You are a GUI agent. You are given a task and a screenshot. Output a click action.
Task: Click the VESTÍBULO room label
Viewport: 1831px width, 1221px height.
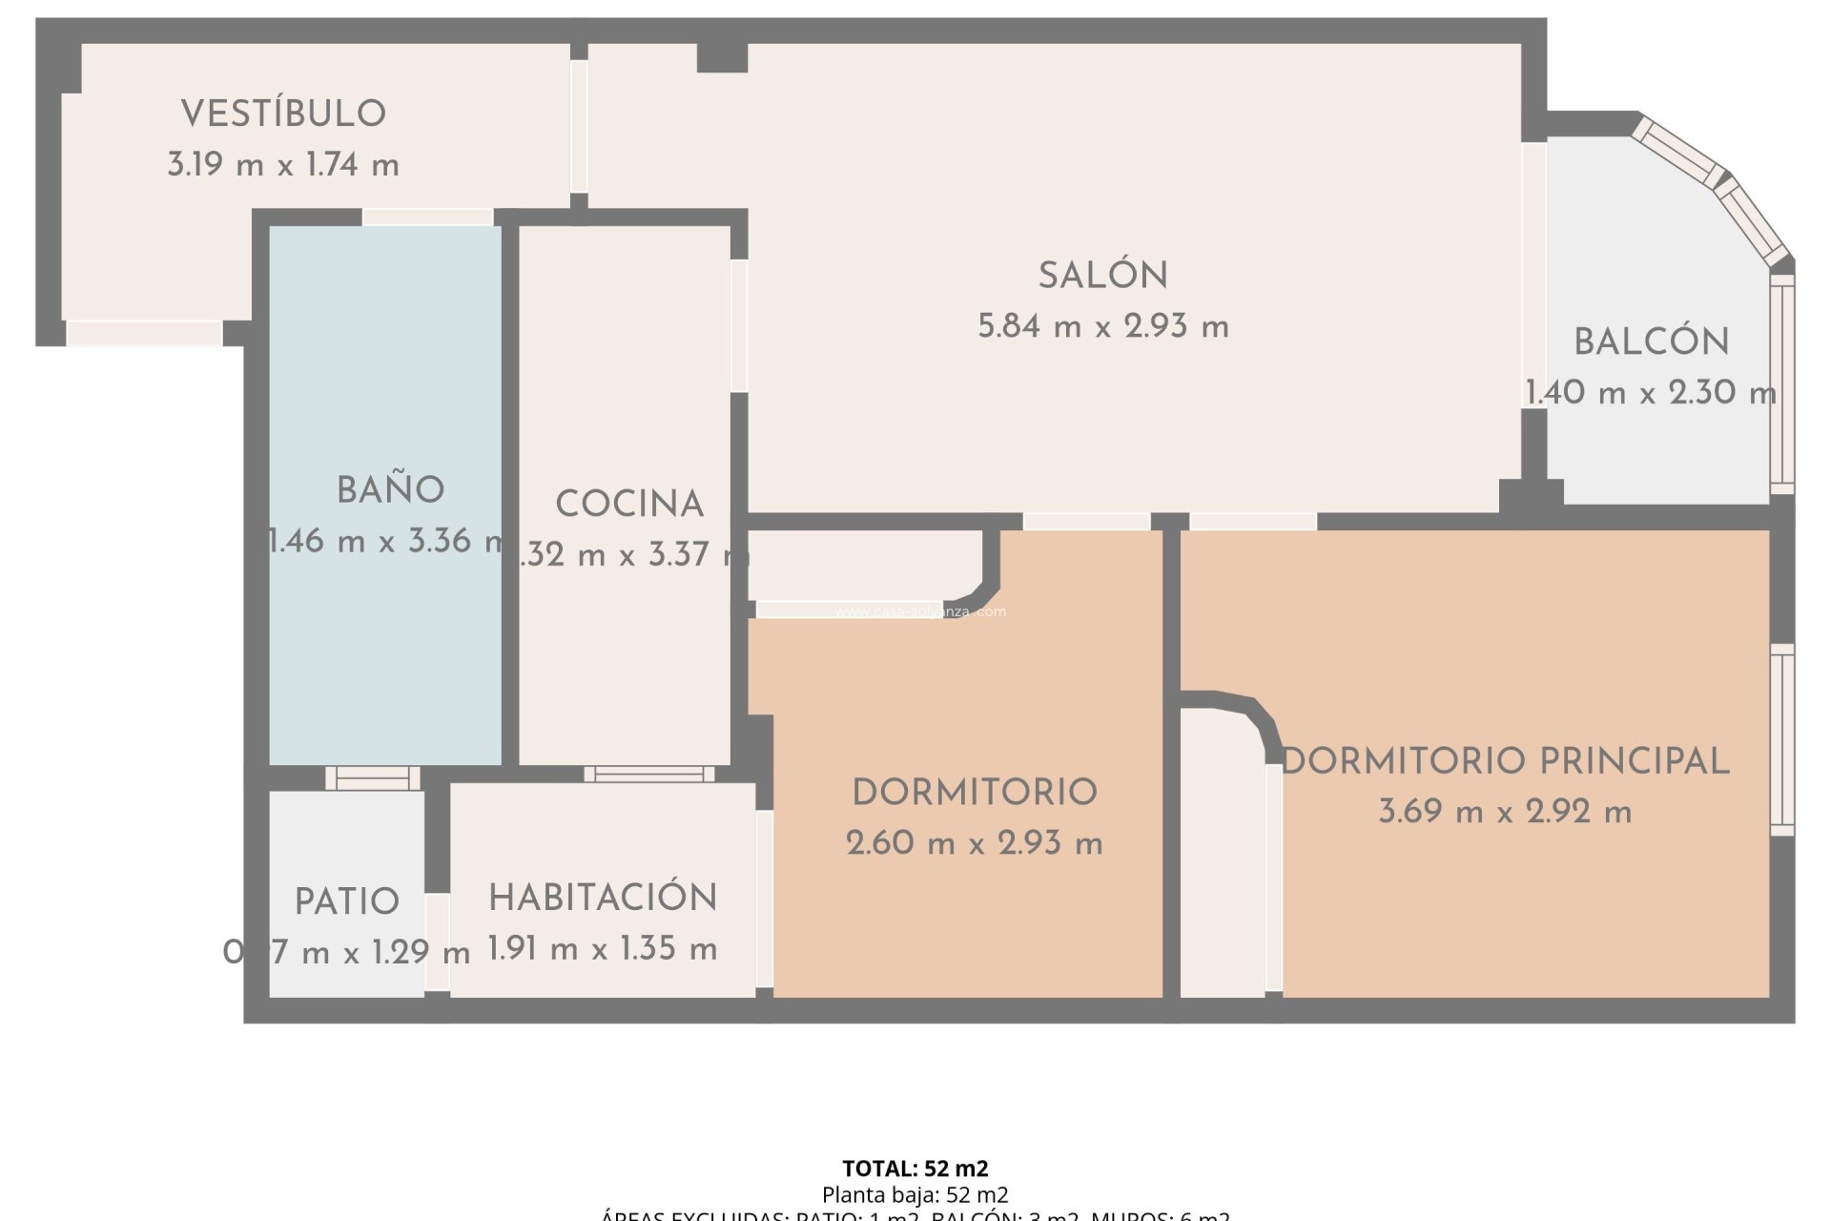(x=283, y=114)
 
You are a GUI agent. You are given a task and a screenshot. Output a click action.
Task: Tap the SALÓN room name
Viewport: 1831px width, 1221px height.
(x=1103, y=276)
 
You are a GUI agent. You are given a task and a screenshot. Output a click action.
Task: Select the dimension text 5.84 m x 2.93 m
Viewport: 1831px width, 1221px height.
(x=1103, y=327)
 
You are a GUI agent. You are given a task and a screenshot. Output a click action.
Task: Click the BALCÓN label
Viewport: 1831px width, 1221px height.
(x=1651, y=342)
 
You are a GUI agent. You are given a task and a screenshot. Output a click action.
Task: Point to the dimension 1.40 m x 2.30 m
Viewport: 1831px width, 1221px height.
(x=1651, y=393)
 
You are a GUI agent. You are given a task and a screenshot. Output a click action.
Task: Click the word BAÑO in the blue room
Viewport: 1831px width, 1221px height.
(x=390, y=490)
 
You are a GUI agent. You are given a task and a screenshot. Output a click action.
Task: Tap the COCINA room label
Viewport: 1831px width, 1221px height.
(x=629, y=505)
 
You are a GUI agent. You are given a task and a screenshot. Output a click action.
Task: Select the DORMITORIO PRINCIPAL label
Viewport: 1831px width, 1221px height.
(x=1505, y=761)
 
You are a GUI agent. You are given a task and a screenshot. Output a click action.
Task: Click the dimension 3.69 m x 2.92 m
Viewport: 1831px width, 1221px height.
(x=1505, y=813)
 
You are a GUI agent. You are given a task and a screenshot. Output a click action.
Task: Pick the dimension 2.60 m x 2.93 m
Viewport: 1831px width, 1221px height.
(x=974, y=843)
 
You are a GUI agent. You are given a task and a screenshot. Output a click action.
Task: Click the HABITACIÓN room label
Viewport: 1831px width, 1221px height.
(x=603, y=898)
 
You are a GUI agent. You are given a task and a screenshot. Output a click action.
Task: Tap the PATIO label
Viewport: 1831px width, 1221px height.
(x=346, y=901)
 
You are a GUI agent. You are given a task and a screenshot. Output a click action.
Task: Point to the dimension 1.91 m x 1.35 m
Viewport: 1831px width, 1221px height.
(x=603, y=949)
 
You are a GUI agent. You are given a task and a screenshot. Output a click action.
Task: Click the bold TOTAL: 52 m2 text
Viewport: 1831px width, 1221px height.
(x=915, y=1169)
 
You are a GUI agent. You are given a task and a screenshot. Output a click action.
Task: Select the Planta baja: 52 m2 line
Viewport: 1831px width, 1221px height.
(x=915, y=1194)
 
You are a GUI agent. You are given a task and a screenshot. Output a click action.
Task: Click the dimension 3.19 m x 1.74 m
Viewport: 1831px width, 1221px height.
(x=283, y=165)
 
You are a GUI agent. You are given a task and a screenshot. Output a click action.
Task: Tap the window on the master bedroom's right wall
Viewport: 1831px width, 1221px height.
(x=1781, y=739)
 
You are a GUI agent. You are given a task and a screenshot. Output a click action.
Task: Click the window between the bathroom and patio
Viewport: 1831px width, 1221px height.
(x=373, y=778)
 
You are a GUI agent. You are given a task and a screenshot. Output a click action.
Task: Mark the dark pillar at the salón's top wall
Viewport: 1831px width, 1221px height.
(x=722, y=57)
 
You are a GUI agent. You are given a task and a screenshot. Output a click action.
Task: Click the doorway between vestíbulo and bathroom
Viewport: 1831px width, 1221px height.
(x=427, y=217)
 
